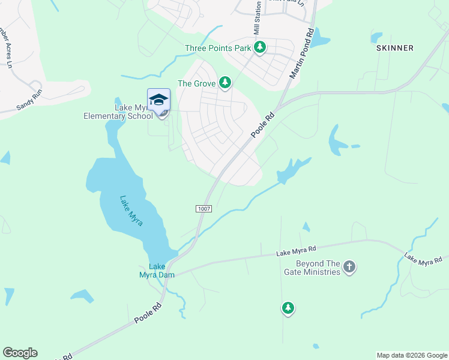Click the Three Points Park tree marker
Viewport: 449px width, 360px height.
(x=260, y=47)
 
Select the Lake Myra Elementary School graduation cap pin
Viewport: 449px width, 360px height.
(x=159, y=100)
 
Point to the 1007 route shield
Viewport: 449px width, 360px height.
(x=203, y=208)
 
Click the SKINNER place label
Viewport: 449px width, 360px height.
(x=394, y=48)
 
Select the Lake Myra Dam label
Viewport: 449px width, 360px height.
(x=157, y=271)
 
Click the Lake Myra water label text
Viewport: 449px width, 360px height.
(x=131, y=211)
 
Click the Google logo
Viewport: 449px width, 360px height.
(x=20, y=353)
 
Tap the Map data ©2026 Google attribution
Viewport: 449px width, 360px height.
(x=412, y=355)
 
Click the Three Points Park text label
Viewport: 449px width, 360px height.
(x=217, y=48)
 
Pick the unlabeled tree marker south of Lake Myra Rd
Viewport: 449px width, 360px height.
(x=288, y=308)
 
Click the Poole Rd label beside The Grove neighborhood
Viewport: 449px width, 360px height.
(x=262, y=123)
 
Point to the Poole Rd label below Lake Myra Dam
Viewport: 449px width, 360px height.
(x=148, y=313)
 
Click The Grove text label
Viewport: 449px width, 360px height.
(x=196, y=83)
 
